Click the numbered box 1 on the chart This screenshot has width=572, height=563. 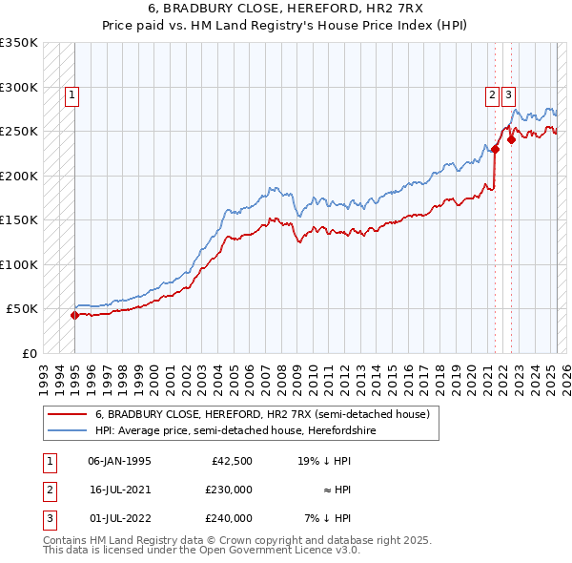[x=73, y=94]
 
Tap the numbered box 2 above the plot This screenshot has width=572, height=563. [x=492, y=94]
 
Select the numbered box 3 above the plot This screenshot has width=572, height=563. [x=509, y=94]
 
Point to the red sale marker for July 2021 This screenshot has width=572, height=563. [x=495, y=149]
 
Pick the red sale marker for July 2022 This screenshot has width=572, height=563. [x=511, y=139]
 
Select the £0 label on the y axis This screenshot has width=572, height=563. [x=29, y=353]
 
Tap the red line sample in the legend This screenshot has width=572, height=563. [x=67, y=415]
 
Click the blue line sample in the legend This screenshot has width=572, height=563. [x=67, y=430]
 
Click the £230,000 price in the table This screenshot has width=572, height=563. [x=229, y=490]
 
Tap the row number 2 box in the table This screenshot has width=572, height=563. [x=49, y=490]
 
